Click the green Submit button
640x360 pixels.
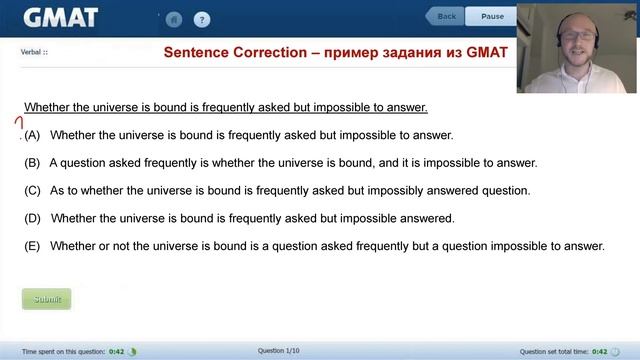point(47,299)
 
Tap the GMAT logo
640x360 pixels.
point(60,18)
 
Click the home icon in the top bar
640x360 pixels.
point(174,19)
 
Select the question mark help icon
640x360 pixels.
point(202,19)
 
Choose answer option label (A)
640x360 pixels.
point(32,135)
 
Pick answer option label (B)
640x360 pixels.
point(32,163)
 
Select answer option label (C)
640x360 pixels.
point(32,190)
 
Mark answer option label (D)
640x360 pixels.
point(32,218)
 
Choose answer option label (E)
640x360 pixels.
point(32,246)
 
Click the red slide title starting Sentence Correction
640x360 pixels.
point(335,52)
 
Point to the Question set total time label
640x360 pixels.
point(554,351)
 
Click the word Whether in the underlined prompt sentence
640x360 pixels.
point(46,107)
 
